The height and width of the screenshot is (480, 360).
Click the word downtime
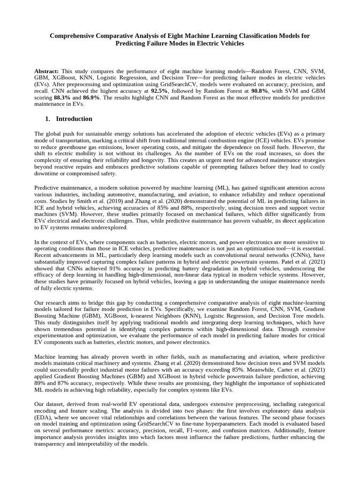point(48,173)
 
